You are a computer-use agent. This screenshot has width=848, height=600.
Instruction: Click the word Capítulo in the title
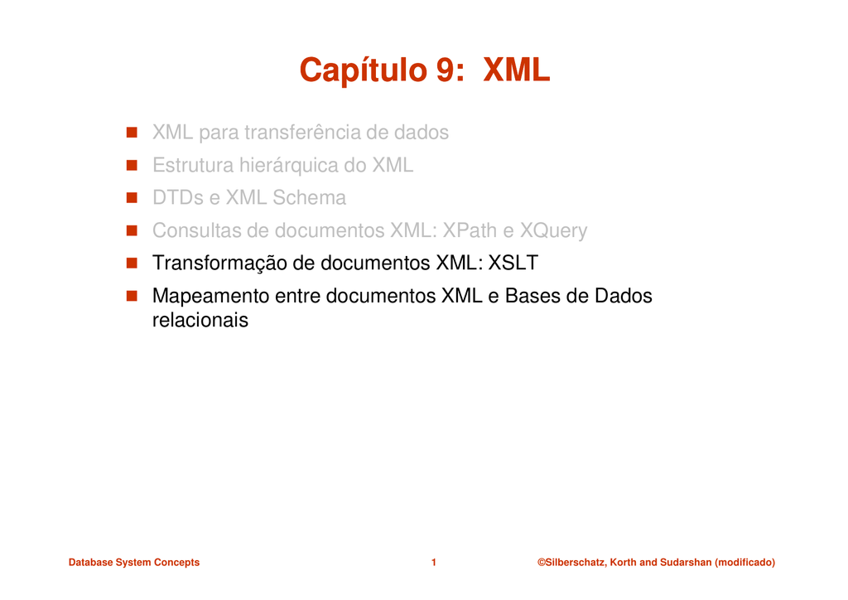pos(364,70)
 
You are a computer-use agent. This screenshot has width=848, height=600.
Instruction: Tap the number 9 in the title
pos(445,70)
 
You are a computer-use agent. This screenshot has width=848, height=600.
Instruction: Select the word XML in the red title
pos(516,70)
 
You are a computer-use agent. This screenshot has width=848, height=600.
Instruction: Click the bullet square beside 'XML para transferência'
pos(132,133)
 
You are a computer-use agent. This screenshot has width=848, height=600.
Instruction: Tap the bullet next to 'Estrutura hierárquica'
pos(132,165)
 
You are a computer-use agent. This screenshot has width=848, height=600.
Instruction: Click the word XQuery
pos(553,231)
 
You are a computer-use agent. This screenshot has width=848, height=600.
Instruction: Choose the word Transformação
pos(219,264)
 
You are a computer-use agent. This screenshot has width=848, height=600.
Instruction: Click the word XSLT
pos(513,263)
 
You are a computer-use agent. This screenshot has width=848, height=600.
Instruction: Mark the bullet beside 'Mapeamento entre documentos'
pos(132,296)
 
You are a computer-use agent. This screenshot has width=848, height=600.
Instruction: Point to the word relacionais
pos(200,320)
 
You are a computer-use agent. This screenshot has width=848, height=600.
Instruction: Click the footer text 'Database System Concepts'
pos(134,563)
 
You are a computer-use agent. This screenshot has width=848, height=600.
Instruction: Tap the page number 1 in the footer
pos(434,563)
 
